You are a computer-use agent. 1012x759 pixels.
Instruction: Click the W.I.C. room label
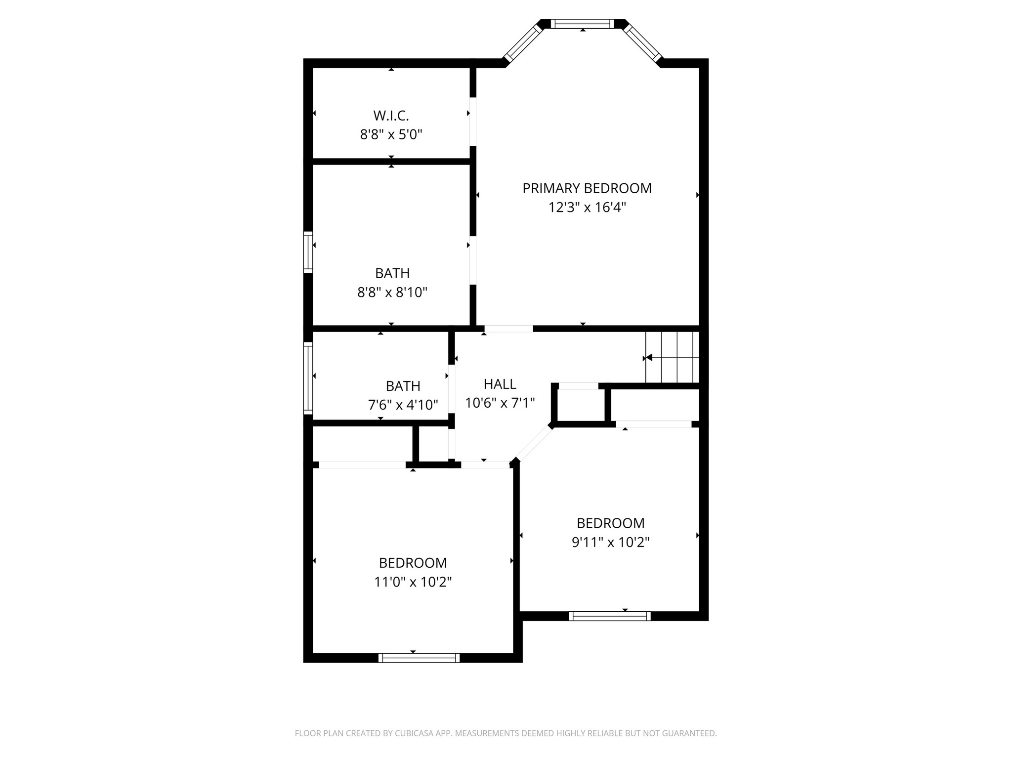391,116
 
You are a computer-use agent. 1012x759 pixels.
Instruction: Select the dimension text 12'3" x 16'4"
587,208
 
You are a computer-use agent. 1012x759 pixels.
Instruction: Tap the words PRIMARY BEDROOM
587,188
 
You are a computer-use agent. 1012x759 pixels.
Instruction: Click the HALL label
500,384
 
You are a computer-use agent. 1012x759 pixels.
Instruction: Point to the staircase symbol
673,357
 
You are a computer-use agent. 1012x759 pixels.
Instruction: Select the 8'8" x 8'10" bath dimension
392,293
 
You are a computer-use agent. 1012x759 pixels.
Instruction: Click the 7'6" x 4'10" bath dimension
403,405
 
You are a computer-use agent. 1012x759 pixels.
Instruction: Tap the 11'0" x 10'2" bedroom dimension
413,582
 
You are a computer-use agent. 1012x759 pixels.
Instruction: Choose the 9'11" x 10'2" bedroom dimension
610,543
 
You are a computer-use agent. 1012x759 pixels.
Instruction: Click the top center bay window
582,24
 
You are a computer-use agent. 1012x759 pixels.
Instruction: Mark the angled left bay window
523,43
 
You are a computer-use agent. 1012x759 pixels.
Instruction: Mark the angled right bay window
642,43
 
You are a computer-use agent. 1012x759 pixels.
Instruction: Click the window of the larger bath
308,252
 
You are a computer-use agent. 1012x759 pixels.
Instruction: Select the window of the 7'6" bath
308,378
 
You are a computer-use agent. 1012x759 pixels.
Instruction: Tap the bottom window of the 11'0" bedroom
419,658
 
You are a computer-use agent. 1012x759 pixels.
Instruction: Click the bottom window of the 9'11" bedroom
609,616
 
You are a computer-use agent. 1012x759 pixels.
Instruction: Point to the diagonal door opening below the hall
534,443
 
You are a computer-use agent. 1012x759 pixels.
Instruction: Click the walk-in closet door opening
473,122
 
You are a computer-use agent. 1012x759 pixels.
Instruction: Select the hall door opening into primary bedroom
508,329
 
